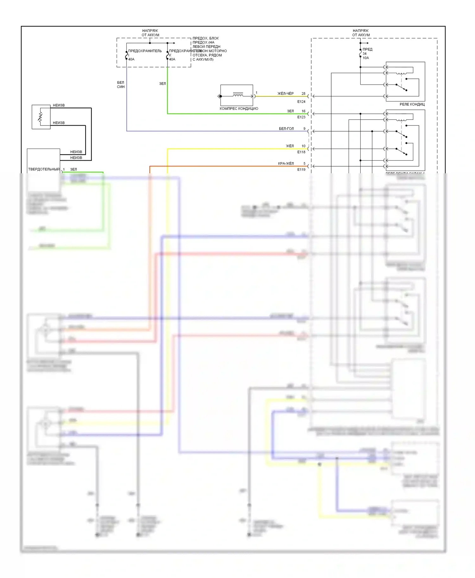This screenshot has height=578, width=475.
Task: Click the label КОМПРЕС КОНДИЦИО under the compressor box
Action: [239, 108]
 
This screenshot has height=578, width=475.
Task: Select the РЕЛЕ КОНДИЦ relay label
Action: [412, 104]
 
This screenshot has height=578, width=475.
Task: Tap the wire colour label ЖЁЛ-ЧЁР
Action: [285, 94]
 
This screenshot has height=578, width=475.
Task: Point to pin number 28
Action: [303, 94]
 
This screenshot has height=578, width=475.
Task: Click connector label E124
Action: [301, 101]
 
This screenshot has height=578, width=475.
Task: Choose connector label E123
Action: [301, 117]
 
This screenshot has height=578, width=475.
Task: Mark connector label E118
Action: [301, 152]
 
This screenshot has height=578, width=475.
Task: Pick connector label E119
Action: [301, 169]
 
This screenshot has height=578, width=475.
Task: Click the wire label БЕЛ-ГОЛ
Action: [286, 129]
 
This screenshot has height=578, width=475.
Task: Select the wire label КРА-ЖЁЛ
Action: [286, 163]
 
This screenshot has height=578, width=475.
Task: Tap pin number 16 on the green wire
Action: [303, 111]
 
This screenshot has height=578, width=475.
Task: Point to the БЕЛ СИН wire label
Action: [121, 84]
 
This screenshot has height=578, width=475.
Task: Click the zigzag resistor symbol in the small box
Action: [40, 117]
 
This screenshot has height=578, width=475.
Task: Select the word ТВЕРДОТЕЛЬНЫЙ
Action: [44, 169]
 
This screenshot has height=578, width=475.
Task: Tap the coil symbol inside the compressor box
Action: [238, 94]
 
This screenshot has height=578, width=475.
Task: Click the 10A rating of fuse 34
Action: [366, 58]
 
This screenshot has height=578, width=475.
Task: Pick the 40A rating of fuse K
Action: [172, 59]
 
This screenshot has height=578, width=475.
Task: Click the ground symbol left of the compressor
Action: [218, 96]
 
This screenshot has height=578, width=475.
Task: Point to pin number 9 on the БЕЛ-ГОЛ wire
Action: [304, 129]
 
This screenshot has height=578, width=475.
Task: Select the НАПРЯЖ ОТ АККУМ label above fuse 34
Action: [361, 33]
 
